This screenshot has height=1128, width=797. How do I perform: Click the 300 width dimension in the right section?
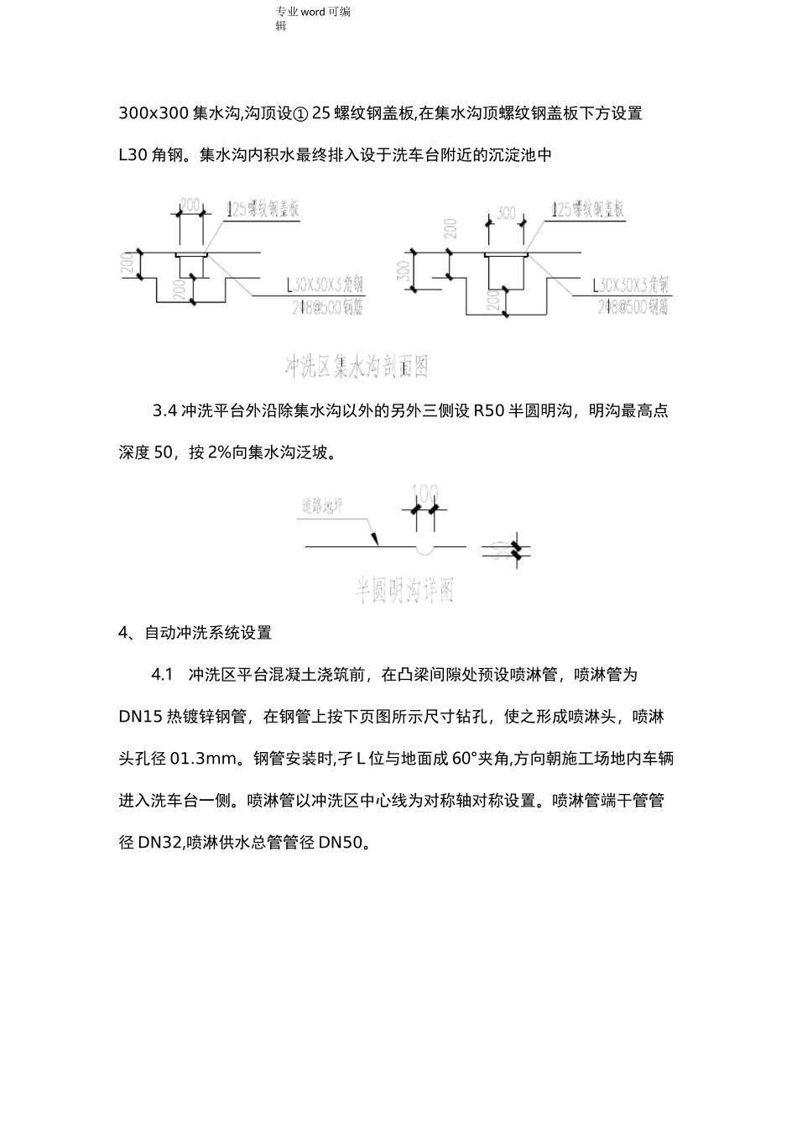point(506,213)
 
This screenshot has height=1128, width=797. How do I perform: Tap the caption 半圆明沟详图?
point(404,591)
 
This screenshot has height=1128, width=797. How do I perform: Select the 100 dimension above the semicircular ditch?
point(426,492)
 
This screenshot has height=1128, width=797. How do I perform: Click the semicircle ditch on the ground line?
point(426,550)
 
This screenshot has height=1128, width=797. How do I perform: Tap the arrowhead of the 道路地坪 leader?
point(378,541)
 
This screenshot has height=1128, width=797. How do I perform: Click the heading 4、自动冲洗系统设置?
point(195,633)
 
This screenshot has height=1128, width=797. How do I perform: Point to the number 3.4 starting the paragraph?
point(164,411)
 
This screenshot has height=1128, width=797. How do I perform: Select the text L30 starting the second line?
point(133,155)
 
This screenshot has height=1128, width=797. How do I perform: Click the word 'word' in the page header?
point(313,12)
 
